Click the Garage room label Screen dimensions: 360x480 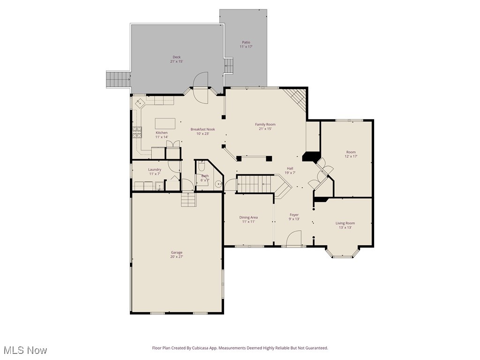click(176, 253)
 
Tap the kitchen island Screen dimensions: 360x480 click(165, 123)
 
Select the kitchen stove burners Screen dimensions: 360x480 click(137, 133)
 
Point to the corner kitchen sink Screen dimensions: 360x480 click(139, 102)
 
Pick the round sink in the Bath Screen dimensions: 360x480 click(218, 184)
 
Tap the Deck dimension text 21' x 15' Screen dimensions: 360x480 click(176, 61)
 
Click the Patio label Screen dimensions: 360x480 click(246, 42)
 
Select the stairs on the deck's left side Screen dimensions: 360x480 click(118, 79)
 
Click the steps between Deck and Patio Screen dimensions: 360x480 click(229, 66)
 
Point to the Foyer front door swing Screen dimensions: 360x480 click(294, 238)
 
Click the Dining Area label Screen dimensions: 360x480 click(248, 217)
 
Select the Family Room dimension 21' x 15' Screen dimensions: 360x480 click(265, 129)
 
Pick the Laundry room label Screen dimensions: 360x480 click(155, 170)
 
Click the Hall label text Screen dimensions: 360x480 click(290, 168)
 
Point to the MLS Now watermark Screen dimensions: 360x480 click(25, 350)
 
